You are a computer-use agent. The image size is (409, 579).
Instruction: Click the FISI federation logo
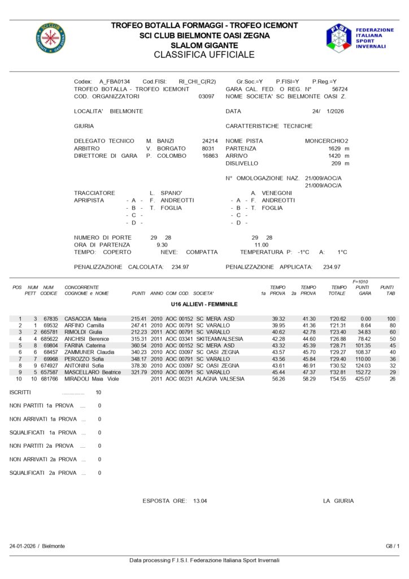pyautogui.click(x=338, y=38)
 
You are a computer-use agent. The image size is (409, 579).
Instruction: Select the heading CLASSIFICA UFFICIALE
pyautogui.click(x=204, y=55)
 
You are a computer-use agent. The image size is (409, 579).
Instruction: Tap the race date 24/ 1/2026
pyautogui.click(x=328, y=111)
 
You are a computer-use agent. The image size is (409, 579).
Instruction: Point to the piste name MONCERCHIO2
pyautogui.click(x=327, y=141)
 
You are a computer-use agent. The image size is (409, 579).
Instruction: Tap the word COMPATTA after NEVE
pyautogui.click(x=202, y=252)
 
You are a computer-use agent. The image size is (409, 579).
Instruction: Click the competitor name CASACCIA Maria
pyautogui.click(x=85, y=319)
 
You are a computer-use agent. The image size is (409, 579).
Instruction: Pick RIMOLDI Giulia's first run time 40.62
pyautogui.click(x=278, y=332)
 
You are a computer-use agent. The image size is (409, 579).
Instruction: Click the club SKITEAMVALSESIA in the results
pyautogui.click(x=220, y=339)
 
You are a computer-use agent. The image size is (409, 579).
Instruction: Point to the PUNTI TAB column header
pyautogui.click(x=388, y=290)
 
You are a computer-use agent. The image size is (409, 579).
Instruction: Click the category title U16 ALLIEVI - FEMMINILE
pyautogui.click(x=204, y=304)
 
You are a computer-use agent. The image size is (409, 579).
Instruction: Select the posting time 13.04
pyautogui.click(x=200, y=501)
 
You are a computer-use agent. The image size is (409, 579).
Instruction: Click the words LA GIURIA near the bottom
pyautogui.click(x=338, y=501)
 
